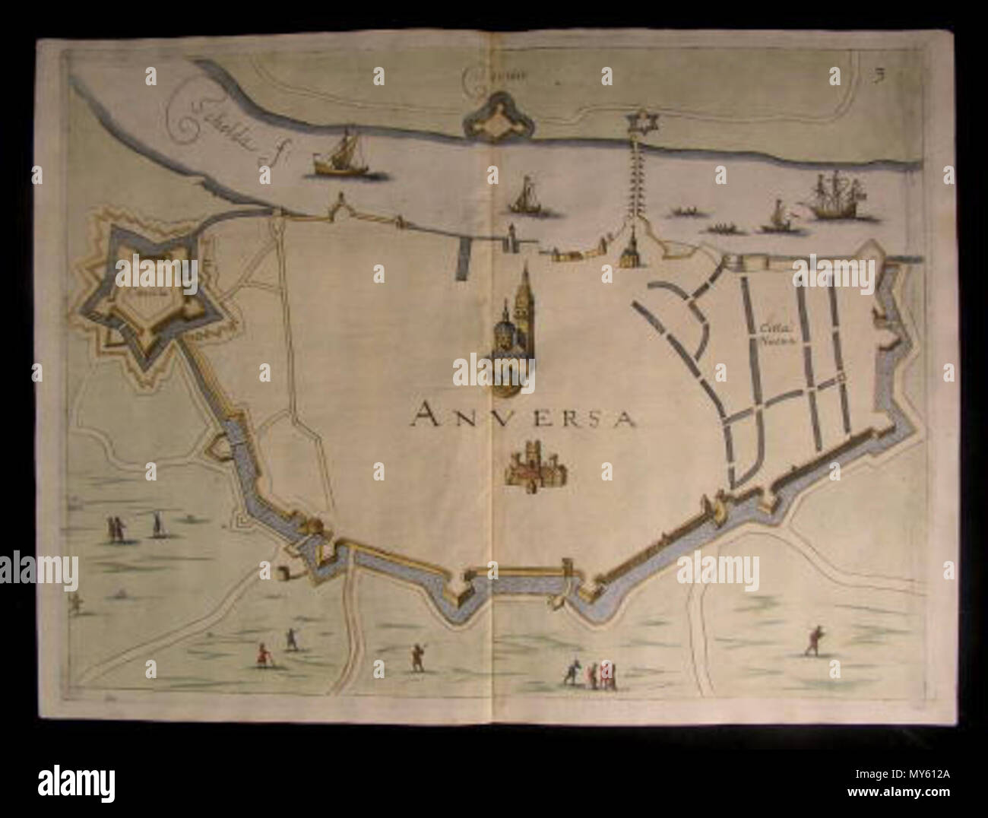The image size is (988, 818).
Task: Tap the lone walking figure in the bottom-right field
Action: tap(815, 640)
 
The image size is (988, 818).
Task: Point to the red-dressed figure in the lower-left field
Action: tap(263, 655)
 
